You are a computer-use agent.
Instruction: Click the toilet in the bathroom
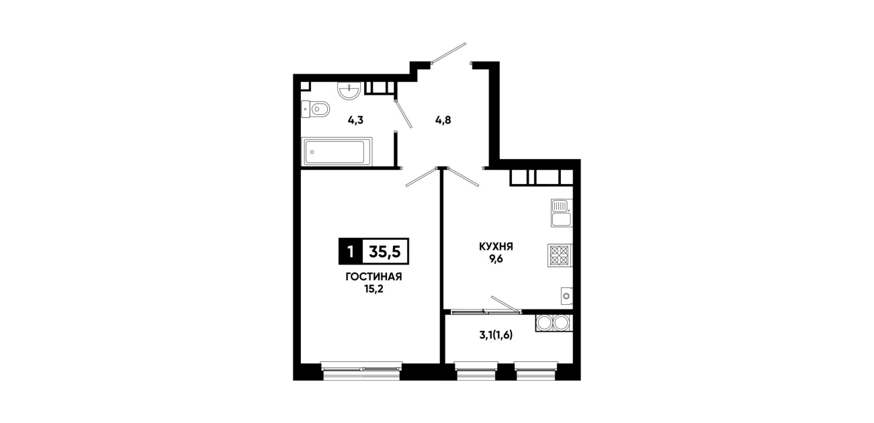click(316, 109)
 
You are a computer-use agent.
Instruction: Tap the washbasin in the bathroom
click(349, 91)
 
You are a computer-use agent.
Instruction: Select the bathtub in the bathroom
click(337, 152)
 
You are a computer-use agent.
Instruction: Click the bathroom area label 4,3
click(355, 120)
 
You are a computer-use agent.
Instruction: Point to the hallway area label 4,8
click(443, 120)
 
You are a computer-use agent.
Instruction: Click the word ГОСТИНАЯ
click(374, 277)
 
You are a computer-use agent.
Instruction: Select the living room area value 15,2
click(374, 289)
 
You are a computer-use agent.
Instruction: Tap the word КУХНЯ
click(496, 246)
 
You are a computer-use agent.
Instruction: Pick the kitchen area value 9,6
click(496, 258)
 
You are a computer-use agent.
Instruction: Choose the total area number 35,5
click(385, 252)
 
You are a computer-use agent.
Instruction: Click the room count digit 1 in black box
click(351, 252)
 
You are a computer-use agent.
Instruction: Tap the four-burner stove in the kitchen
click(560, 255)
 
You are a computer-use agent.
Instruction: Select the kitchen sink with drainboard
click(562, 213)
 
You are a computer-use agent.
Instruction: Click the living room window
click(361, 370)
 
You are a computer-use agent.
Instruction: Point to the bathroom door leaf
click(404, 114)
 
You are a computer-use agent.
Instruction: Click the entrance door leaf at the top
click(449, 52)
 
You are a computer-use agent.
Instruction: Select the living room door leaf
click(421, 177)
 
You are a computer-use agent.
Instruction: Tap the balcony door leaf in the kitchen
click(506, 304)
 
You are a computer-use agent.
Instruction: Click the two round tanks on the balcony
click(553, 323)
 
